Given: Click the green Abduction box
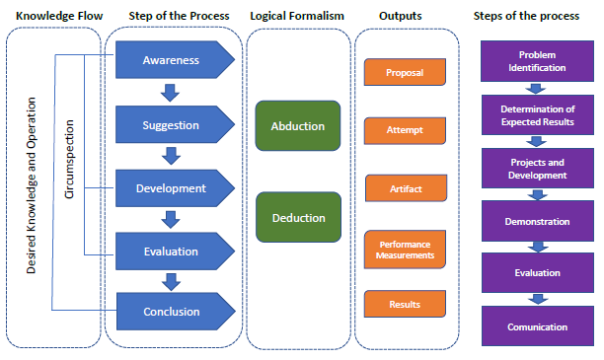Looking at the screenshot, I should [x=298, y=125].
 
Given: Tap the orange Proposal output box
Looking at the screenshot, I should [x=405, y=72].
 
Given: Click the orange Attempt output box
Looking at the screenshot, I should [x=405, y=130].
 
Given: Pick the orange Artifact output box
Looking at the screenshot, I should [x=405, y=188].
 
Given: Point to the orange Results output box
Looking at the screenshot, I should [x=405, y=305].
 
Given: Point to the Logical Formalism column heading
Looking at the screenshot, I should [x=298, y=17].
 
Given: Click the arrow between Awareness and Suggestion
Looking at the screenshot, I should [x=170, y=92].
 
